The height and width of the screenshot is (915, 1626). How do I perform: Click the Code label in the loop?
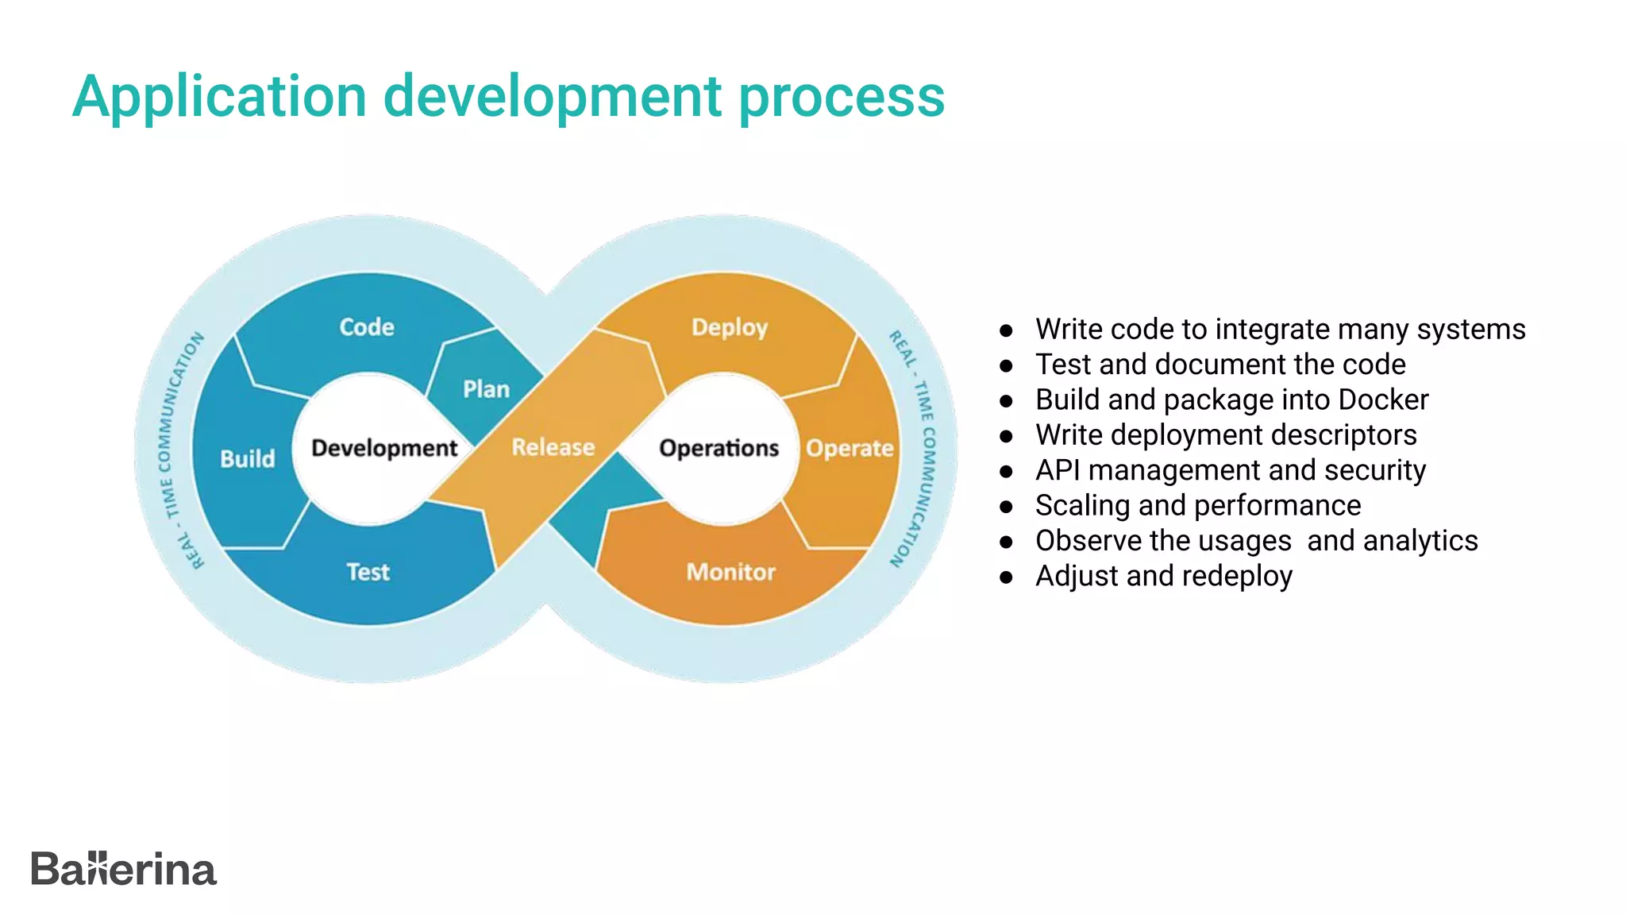coord(366,327)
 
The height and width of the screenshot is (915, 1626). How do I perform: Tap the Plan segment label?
coord(486,389)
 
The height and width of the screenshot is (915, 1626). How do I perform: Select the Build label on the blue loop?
coord(247,458)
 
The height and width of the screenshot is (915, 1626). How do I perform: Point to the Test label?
coord(368,572)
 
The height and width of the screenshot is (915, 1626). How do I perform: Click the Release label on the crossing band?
coord(553,447)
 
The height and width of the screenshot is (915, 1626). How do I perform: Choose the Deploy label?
coord(729,327)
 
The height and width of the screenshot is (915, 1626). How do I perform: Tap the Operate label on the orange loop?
coord(849,448)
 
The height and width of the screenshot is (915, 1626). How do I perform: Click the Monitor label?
coord(730,572)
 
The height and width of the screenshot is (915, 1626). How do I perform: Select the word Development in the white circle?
coord(384,448)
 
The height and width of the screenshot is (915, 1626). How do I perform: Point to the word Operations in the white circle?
coord(719,448)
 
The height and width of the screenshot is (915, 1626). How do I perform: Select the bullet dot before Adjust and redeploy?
coord(1006,577)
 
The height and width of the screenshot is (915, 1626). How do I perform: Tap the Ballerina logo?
coord(123,868)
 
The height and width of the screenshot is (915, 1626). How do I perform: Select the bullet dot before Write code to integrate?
coord(1006,330)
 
